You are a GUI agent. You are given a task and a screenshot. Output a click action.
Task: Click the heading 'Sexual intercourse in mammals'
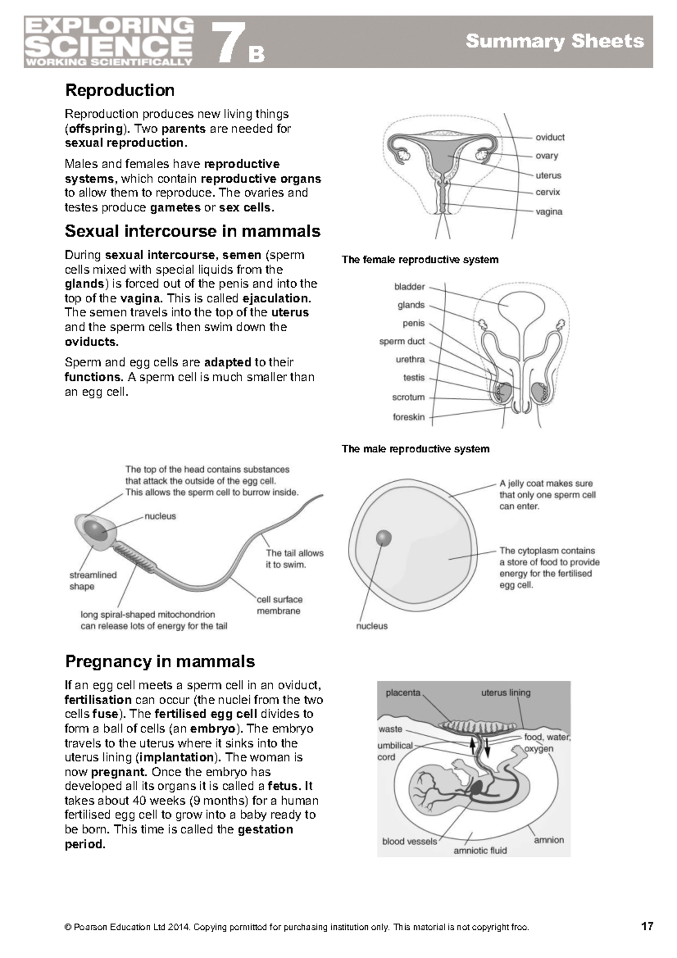point(192,231)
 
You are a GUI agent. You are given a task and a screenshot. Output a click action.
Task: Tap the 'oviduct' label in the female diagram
point(549,137)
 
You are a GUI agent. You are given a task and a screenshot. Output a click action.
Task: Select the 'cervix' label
point(547,192)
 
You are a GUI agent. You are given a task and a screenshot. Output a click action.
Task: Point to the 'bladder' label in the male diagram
point(410,287)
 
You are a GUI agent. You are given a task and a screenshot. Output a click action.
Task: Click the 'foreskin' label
point(408,417)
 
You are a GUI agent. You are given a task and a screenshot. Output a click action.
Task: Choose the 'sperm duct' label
point(402,341)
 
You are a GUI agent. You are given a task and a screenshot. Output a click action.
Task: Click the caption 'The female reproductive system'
point(420,260)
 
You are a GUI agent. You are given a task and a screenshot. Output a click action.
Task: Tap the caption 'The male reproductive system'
point(415,449)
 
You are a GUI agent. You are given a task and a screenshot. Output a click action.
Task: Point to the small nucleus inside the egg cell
point(384,537)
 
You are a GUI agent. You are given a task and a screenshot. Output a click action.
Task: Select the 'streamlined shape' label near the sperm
point(93,581)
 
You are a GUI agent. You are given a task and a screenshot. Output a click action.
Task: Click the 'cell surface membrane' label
point(279,605)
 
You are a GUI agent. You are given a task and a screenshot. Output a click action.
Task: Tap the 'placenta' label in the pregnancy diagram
point(403,692)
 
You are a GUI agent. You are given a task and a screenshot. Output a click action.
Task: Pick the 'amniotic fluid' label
point(480,850)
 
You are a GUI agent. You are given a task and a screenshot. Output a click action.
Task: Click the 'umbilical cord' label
point(395,751)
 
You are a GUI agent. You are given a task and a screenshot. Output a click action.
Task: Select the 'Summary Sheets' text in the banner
point(554,41)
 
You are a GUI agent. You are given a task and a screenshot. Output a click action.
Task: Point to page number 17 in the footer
point(647,926)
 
